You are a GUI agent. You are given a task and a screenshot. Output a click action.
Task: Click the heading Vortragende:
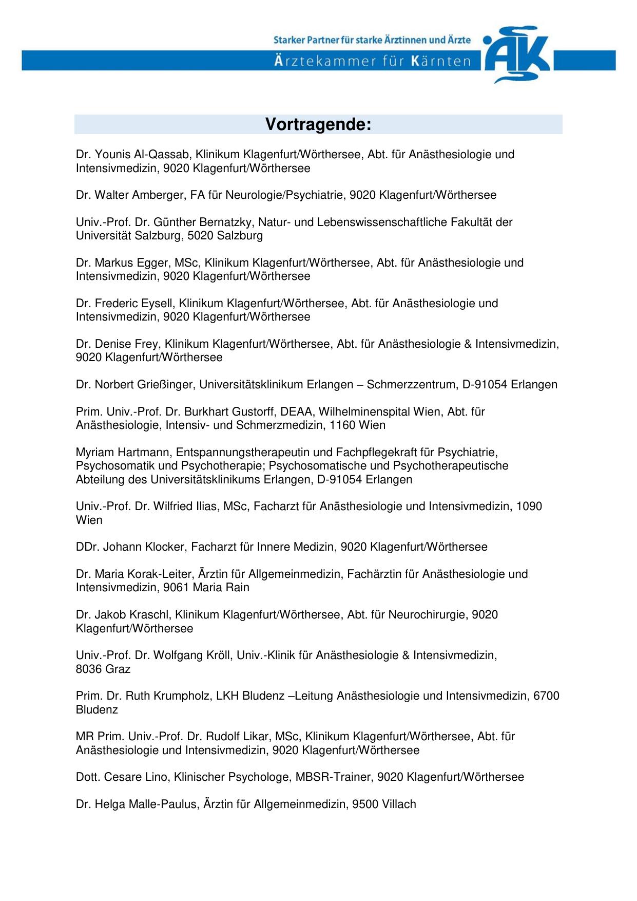click(x=318, y=125)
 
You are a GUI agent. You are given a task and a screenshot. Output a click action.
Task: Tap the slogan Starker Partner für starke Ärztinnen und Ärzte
click(x=372, y=40)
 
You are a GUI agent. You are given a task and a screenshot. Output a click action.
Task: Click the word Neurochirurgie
click(x=428, y=615)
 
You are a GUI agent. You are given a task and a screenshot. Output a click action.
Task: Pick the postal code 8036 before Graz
click(x=89, y=669)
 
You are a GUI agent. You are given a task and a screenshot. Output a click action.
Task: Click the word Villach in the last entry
click(x=399, y=804)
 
